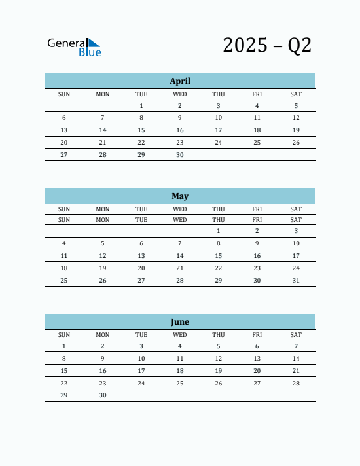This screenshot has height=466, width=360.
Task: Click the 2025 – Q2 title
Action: pos(267,45)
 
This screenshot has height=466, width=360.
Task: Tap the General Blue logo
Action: pos(74,46)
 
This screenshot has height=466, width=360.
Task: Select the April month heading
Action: pos(180,81)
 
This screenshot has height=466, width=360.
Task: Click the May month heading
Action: pos(180,196)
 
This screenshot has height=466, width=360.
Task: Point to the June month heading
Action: pos(180,321)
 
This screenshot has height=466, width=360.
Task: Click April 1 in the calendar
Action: pos(141,105)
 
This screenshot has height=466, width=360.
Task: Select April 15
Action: pos(141,130)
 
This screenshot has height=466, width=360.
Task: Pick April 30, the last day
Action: pos(180,155)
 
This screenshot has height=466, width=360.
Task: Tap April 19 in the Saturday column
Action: pos(296,130)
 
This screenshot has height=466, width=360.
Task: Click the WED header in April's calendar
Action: pos(180,94)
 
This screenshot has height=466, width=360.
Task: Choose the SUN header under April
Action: pos(64,94)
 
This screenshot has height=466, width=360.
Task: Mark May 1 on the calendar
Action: pos(219,231)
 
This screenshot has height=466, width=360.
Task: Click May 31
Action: pos(296,281)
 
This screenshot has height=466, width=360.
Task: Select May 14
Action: pos(180,256)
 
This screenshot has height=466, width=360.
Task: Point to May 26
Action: pos(103,281)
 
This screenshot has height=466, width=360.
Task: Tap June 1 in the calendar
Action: pos(64,346)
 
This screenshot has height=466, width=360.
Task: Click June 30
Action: pos(103,395)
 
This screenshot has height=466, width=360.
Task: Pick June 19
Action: pos(219,370)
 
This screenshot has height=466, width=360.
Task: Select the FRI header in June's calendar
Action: pos(257,334)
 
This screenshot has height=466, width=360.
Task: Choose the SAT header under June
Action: pos(296,334)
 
